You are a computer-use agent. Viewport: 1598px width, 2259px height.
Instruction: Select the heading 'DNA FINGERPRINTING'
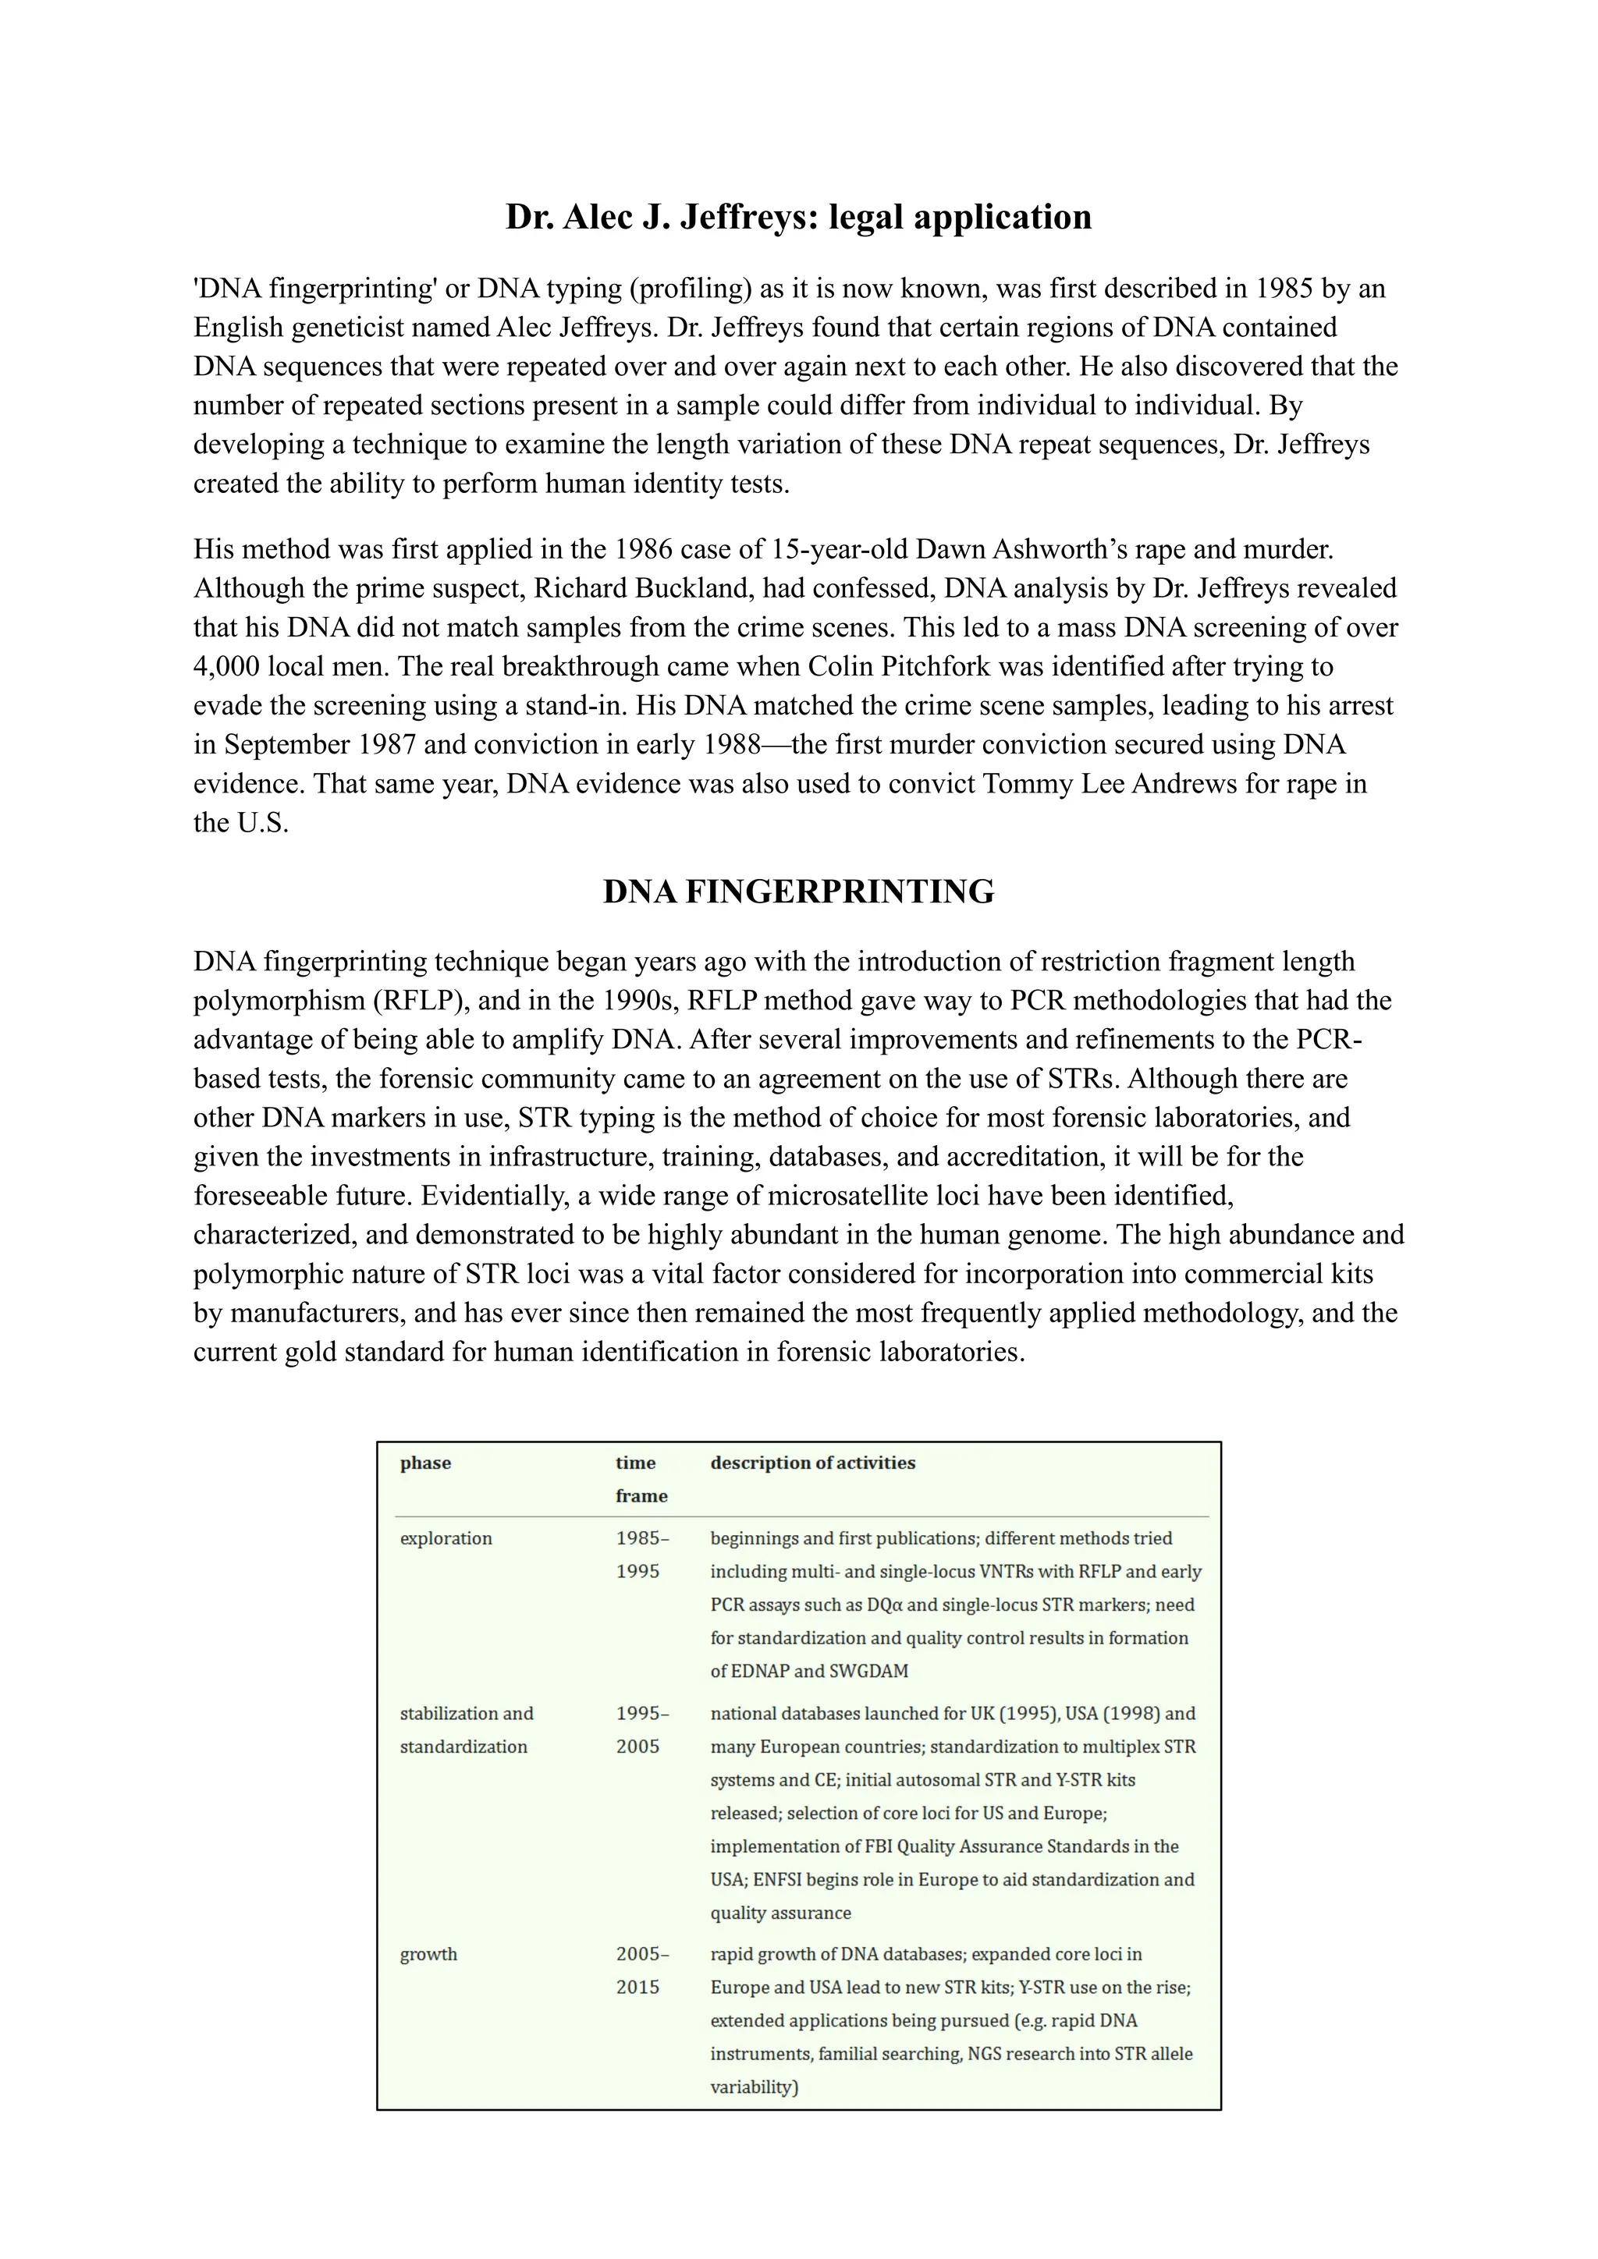coord(798,892)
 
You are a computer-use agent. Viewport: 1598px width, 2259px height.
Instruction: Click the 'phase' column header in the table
coord(425,1463)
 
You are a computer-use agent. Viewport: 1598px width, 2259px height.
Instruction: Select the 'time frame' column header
coord(641,1479)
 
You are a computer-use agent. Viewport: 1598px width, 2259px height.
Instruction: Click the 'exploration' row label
coord(445,1539)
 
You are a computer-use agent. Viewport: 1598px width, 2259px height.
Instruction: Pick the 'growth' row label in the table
coord(428,1954)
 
